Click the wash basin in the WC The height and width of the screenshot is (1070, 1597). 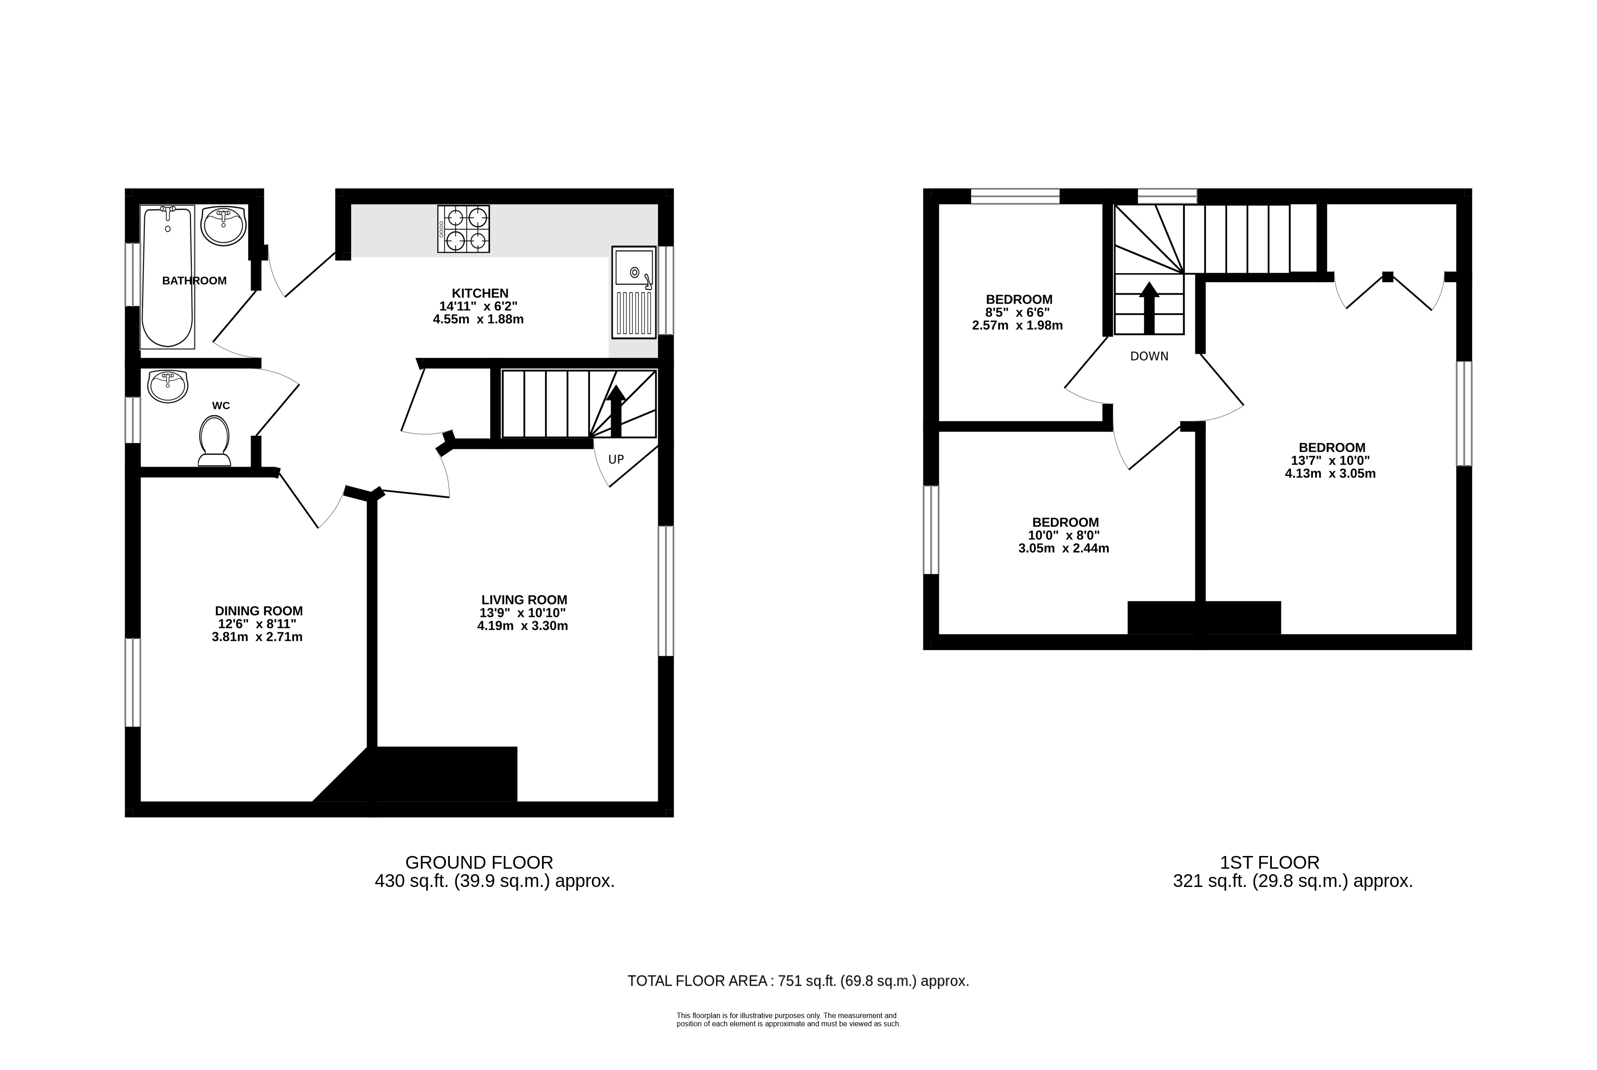tap(167, 386)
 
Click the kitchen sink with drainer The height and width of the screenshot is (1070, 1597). tap(633, 292)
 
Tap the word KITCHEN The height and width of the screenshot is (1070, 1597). tap(480, 293)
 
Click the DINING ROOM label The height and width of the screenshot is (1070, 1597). tap(259, 611)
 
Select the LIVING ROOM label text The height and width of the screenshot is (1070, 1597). tap(524, 600)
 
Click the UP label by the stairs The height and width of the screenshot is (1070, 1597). tap(616, 459)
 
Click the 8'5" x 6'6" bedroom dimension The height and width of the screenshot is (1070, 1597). tap(1018, 312)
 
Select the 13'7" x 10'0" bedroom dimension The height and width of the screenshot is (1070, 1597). tap(1331, 461)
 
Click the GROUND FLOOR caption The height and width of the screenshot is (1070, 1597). tap(479, 862)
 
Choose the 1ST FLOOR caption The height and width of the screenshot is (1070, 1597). tap(1270, 862)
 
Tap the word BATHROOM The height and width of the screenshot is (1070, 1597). tap(194, 280)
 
